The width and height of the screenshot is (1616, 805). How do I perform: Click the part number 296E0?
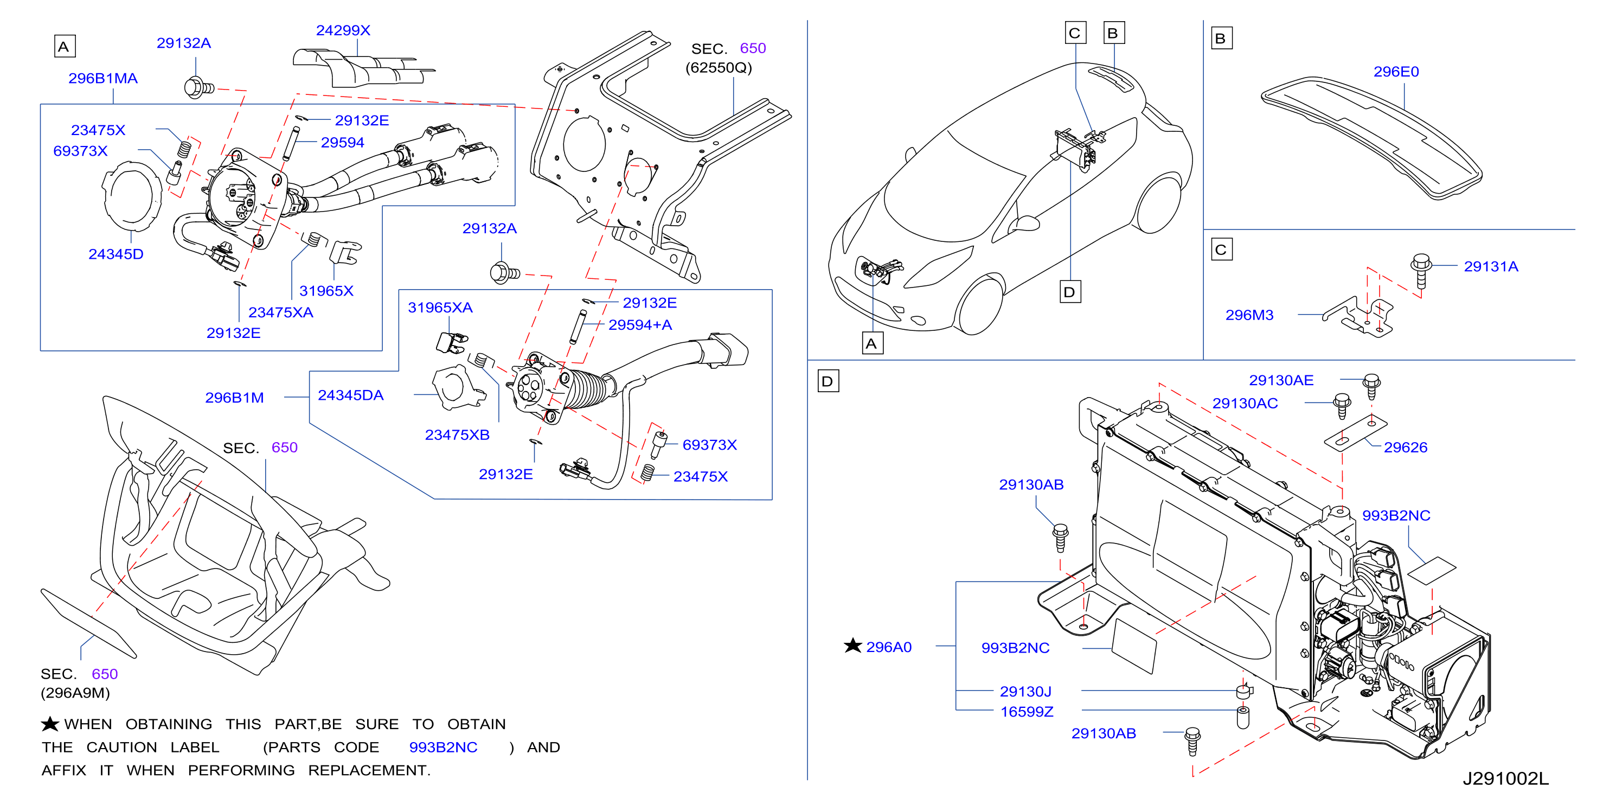[x=1396, y=72]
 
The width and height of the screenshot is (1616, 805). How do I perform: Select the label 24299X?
[x=343, y=30]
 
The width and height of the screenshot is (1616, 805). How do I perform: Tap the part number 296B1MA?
[x=103, y=79]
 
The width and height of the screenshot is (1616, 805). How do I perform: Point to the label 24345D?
[x=116, y=254]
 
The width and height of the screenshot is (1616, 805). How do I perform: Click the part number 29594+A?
[x=640, y=325]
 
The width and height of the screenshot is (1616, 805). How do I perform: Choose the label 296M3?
[x=1249, y=315]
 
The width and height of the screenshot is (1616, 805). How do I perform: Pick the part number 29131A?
[x=1491, y=267]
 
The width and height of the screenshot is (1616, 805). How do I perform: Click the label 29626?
[x=1405, y=448]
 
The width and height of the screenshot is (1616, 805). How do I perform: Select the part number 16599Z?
[x=1027, y=712]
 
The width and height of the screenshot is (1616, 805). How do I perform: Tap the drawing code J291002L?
[x=1505, y=778]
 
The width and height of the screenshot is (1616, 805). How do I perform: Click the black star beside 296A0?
[x=852, y=646]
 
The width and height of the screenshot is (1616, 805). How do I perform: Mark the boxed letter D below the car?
[x=1070, y=292]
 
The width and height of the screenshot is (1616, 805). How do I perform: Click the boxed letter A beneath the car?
[x=872, y=344]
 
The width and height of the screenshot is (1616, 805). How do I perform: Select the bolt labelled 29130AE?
[x=1371, y=386]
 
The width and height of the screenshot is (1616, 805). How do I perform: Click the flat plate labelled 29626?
[x=1356, y=432]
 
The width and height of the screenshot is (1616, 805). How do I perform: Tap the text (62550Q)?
[x=719, y=68]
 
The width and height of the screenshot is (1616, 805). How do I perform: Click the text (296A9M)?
[x=75, y=693]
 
